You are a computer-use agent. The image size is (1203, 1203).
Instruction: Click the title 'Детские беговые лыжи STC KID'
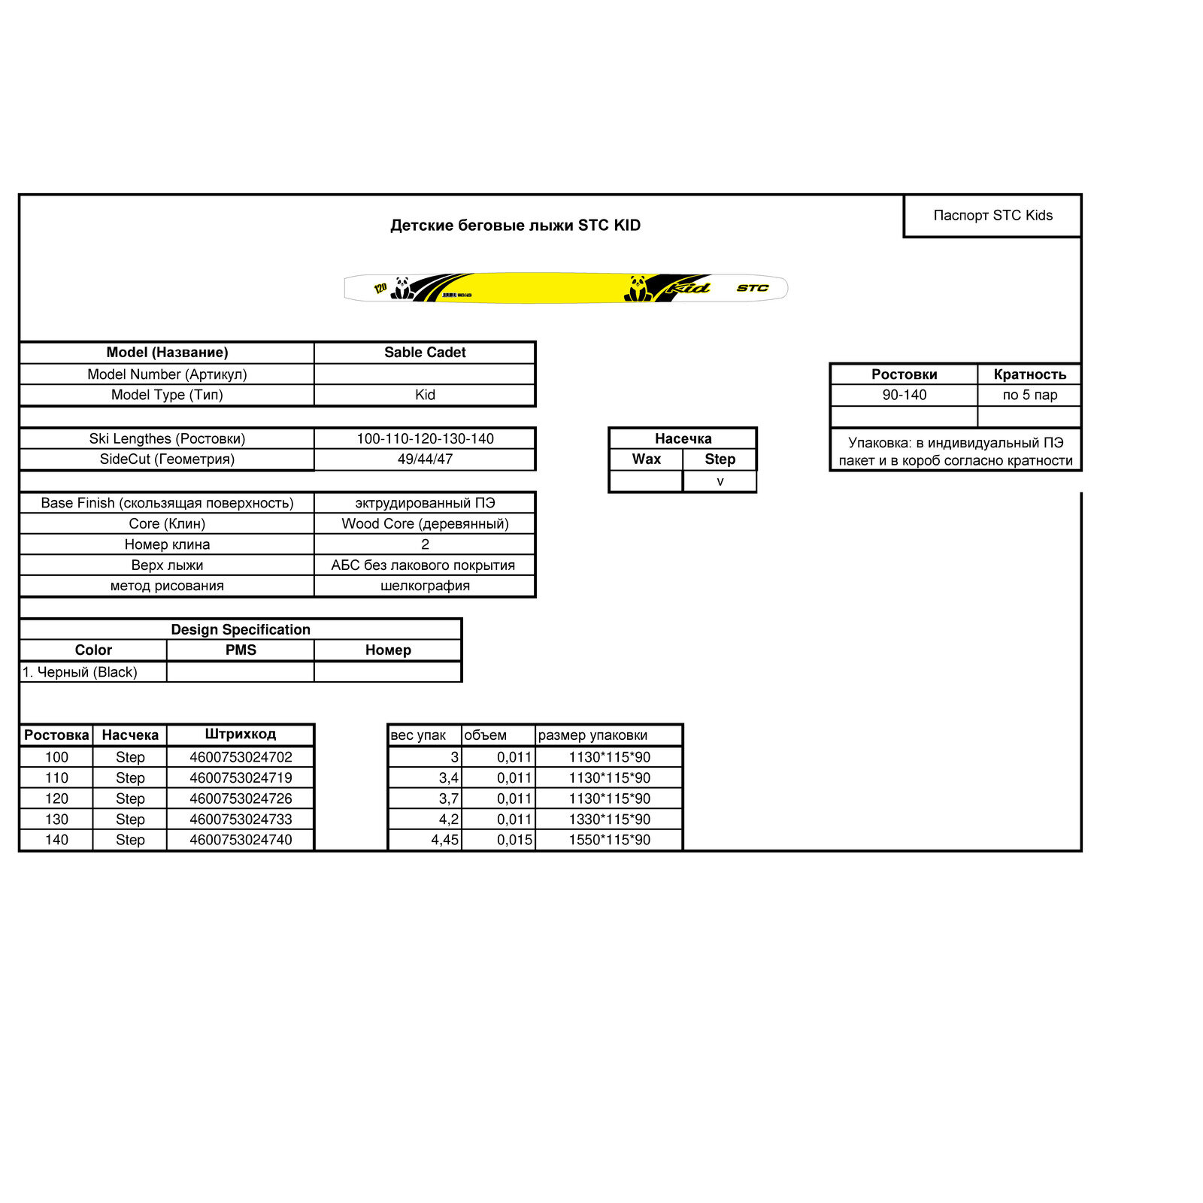pos(515,226)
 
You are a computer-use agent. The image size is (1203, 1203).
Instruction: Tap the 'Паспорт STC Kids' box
pos(992,216)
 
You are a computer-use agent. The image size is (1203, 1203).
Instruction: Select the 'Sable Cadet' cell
pos(425,353)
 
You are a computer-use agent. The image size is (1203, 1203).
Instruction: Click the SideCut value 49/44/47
pos(425,459)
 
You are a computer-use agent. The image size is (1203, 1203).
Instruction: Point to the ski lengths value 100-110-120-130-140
pos(425,439)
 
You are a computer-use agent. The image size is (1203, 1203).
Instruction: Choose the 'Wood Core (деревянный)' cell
pos(425,524)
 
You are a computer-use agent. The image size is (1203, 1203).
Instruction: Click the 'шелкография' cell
pos(425,586)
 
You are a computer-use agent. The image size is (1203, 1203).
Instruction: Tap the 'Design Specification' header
pos(241,630)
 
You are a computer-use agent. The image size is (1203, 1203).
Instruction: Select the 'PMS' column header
pos(241,650)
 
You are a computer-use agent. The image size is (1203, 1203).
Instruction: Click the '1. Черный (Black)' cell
pos(80,672)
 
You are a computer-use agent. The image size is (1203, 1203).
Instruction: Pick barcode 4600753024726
pos(241,799)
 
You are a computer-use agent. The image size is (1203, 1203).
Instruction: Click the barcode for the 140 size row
pos(241,840)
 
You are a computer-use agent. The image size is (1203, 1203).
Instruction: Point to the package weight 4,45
pos(444,840)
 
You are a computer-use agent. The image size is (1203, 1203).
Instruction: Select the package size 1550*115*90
pos(609,840)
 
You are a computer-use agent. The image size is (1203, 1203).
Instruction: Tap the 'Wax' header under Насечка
pos(646,459)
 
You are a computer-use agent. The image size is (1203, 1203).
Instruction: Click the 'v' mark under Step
pos(720,482)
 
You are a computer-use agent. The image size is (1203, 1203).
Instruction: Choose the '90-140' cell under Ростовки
pos(904,395)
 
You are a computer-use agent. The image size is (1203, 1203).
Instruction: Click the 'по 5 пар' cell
pos(1029,395)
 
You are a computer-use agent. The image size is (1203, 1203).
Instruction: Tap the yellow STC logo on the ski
pos(752,288)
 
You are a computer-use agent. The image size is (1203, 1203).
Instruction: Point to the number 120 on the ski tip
pos(380,288)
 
